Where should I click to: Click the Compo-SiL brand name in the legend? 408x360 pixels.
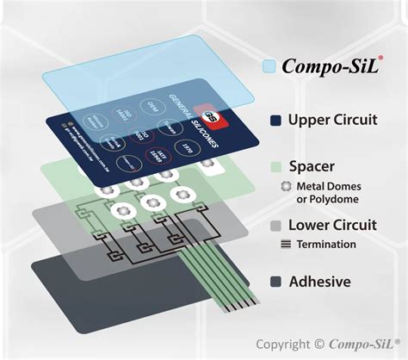click(331, 65)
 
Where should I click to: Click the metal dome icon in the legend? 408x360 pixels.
click(284, 185)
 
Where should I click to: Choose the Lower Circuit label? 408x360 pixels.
click(331, 226)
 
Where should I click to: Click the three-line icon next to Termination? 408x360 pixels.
click(285, 245)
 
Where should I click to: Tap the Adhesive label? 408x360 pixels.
click(319, 282)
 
